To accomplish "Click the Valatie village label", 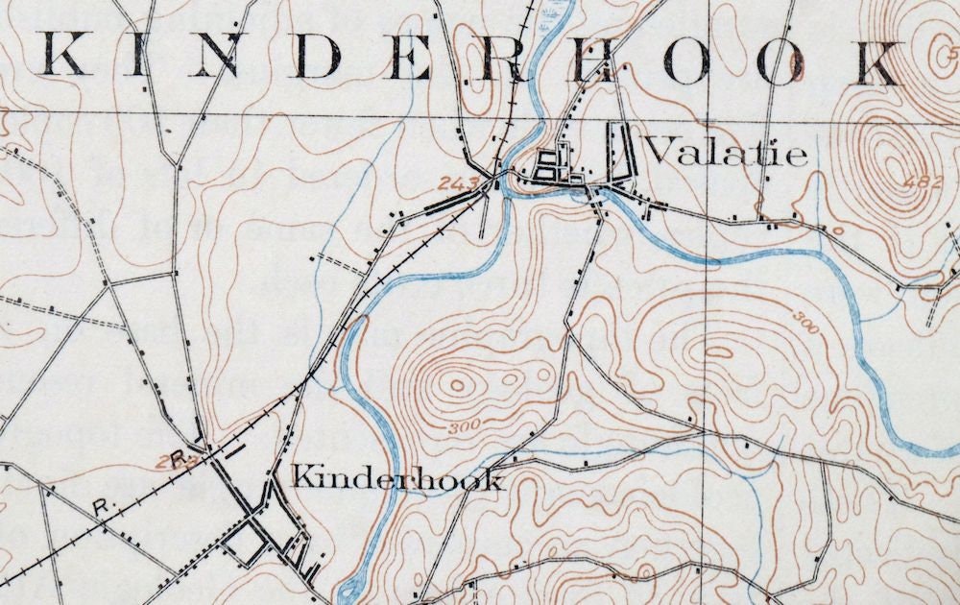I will (x=726, y=152).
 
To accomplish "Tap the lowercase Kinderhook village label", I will (x=397, y=477).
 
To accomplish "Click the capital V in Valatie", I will (x=660, y=151).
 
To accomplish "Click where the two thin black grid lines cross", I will (x=708, y=117).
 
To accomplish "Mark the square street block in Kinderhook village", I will (x=244, y=545).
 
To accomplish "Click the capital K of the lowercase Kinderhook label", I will (x=304, y=476).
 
